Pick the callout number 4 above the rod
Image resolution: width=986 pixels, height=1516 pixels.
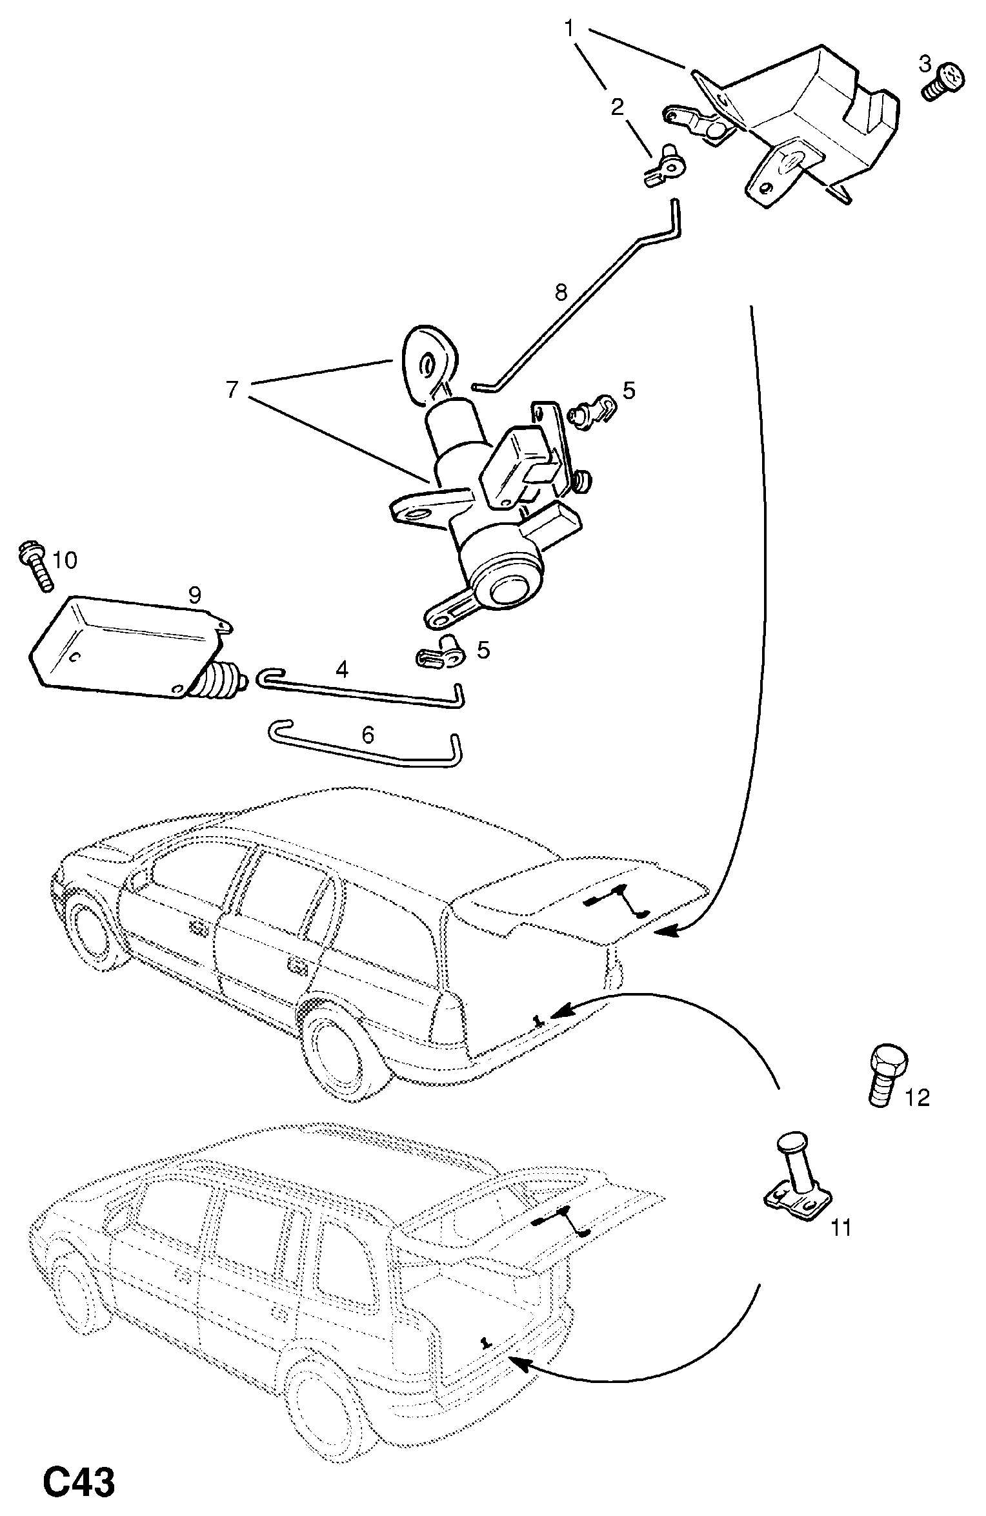tap(342, 669)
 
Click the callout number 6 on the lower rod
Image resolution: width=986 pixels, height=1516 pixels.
tap(367, 734)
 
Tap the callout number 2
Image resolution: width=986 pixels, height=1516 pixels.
tap(617, 107)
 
